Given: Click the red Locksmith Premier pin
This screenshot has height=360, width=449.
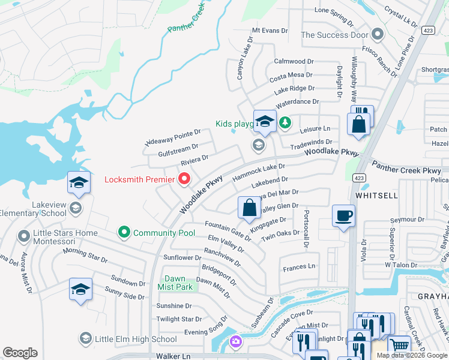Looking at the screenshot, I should click(184, 179).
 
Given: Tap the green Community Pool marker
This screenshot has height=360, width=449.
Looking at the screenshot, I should click(124, 232).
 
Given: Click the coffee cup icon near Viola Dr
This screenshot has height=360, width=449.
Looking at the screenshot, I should click(343, 215).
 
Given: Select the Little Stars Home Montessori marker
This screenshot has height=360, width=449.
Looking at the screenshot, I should click(24, 235).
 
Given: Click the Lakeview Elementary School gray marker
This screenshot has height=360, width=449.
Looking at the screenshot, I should click(75, 208).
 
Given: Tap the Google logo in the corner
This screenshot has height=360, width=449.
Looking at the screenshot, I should click(20, 353).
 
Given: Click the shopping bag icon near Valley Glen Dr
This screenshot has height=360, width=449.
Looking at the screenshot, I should click(250, 208).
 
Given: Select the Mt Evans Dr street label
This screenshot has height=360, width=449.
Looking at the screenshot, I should click(270, 30).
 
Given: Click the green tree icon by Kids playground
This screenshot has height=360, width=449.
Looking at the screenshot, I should click(285, 124).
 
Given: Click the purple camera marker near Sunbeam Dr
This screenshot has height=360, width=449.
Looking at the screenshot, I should click(235, 342).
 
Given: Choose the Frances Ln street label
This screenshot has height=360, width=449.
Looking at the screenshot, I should click(299, 266).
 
